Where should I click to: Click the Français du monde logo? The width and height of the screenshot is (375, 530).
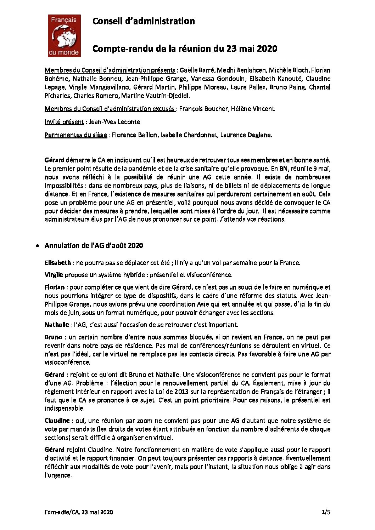click(x=64, y=36)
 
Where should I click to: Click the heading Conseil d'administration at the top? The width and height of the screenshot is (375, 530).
click(x=143, y=21)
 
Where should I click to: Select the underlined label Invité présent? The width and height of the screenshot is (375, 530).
click(x=64, y=122)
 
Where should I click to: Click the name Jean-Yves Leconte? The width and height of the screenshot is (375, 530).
click(x=114, y=122)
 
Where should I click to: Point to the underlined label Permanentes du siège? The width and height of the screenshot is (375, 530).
click(x=76, y=135)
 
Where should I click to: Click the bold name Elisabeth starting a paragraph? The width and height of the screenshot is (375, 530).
click(x=58, y=263)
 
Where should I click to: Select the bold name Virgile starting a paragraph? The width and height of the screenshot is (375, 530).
click(x=54, y=275)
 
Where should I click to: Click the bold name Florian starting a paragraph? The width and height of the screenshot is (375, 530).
click(x=55, y=287)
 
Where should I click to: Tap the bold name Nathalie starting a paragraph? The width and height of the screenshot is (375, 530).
click(x=57, y=325)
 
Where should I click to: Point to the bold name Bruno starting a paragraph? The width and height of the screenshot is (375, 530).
click(x=54, y=337)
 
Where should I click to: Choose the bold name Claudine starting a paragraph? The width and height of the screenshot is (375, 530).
click(x=57, y=421)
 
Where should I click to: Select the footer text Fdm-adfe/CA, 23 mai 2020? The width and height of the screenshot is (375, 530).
click(x=79, y=512)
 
